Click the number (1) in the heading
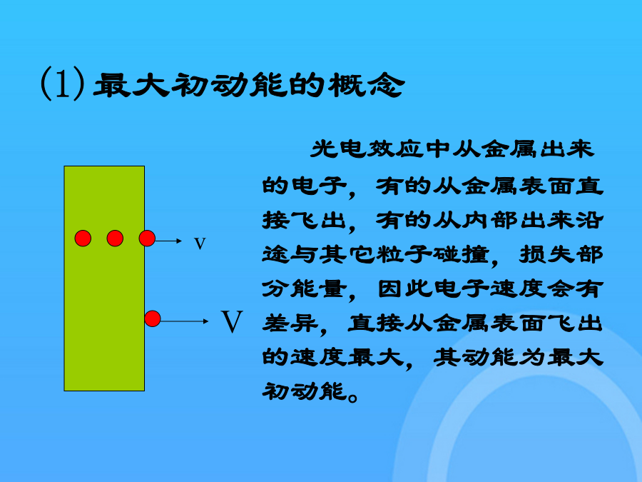point(63,84)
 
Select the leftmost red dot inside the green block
point(83,238)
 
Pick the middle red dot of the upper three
point(115,238)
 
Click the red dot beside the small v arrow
point(147,238)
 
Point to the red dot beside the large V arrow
point(153,318)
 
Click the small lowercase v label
point(200,243)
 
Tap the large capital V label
point(232,322)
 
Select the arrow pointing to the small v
point(168,241)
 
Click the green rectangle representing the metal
point(104,278)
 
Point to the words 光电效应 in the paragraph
point(367,149)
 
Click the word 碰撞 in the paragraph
point(462,254)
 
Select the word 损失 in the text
point(546,254)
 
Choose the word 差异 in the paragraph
point(290,323)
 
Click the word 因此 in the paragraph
point(404,289)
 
